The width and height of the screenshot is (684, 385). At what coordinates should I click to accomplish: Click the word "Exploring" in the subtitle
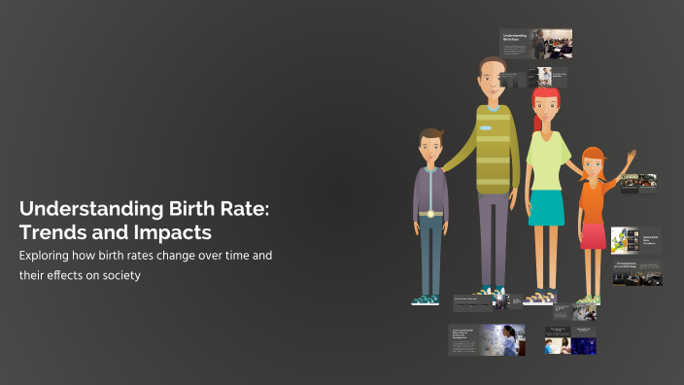point(47,256)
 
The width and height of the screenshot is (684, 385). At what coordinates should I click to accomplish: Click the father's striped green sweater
point(495,146)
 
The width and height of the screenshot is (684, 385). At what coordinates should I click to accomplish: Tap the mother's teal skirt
point(546,207)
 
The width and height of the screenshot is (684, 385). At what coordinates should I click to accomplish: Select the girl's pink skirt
point(593,235)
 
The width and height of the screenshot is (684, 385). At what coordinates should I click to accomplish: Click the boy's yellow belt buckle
point(429,214)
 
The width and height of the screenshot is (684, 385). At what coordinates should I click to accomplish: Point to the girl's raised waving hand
point(632,157)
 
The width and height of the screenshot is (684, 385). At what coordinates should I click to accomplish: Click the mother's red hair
point(545,96)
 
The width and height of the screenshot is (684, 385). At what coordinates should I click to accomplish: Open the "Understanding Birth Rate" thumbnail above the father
point(535,43)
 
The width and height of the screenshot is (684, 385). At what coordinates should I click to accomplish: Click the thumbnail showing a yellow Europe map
point(623,239)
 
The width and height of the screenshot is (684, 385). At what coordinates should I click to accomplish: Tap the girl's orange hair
point(592,157)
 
